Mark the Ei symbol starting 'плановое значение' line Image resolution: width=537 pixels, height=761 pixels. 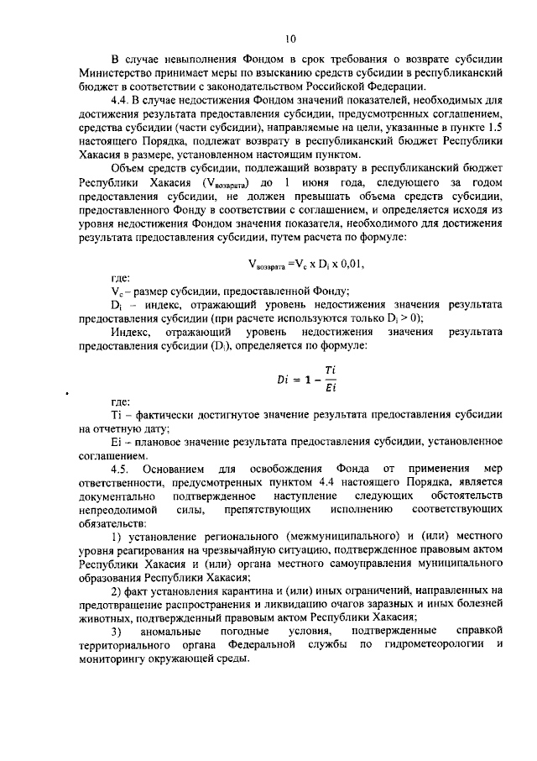tap(116, 441)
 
